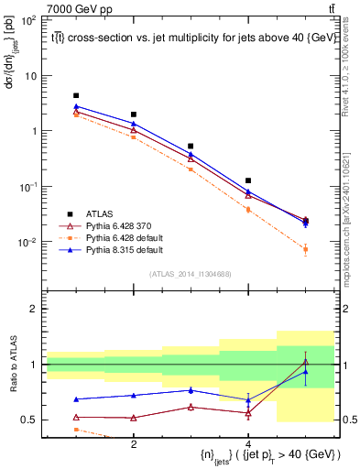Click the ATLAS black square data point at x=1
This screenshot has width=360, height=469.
(77, 95)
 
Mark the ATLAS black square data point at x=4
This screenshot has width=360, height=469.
(248, 180)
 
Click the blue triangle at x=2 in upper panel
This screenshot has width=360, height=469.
(134, 123)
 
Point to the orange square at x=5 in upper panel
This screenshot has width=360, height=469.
(306, 249)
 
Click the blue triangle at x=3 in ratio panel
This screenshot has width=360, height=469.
(191, 390)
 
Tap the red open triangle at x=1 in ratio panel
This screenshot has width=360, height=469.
(77, 417)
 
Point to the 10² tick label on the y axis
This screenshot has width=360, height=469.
(28, 19)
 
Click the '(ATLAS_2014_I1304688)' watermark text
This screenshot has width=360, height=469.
(191, 273)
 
